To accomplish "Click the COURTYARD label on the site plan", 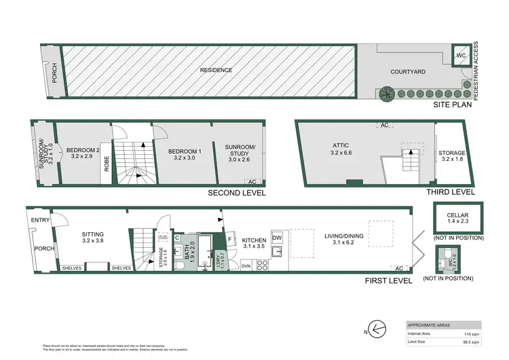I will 408,71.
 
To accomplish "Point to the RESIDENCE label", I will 216,70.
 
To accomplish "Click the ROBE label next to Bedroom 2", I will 107,164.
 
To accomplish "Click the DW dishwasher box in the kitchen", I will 277,237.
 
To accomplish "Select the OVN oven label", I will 246,266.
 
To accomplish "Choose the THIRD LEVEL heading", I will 449,192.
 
